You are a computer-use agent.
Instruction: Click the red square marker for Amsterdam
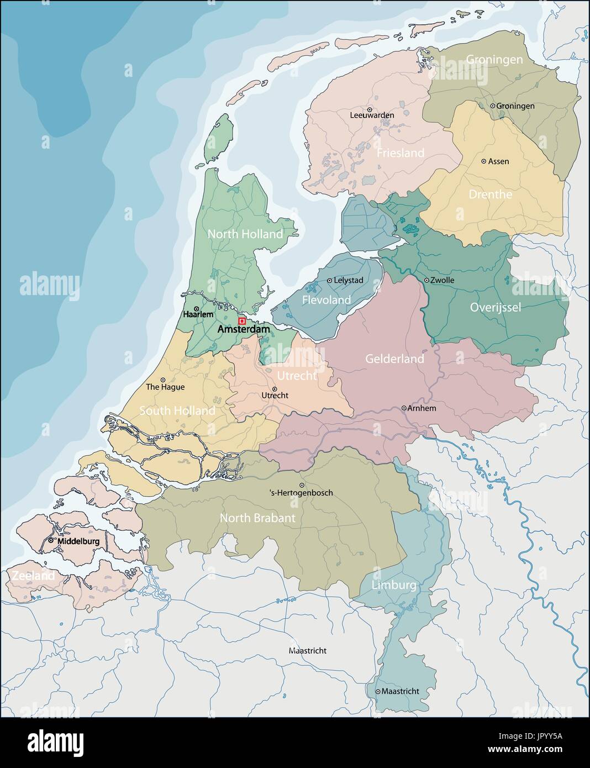click(241, 321)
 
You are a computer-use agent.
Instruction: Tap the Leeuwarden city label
click(372, 115)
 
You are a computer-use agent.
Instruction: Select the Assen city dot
click(484, 161)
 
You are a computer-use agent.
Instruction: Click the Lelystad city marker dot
click(330, 281)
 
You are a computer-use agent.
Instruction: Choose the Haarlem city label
click(198, 314)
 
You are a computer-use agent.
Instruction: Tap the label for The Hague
click(165, 387)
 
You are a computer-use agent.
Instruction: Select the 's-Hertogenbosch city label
click(301, 493)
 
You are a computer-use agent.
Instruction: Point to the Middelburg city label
click(78, 541)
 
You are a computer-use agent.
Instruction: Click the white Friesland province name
click(400, 153)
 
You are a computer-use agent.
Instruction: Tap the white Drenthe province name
click(490, 194)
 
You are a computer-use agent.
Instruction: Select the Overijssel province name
click(495, 307)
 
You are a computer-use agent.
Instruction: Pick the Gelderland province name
click(394, 359)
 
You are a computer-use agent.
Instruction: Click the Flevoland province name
click(326, 300)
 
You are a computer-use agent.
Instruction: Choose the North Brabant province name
click(257, 518)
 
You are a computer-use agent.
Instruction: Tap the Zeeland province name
click(32, 576)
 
